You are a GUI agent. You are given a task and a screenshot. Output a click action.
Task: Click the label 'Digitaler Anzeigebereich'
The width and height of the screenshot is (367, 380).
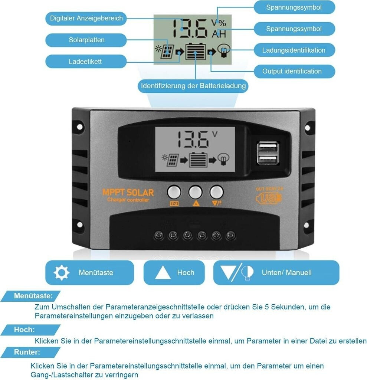86,18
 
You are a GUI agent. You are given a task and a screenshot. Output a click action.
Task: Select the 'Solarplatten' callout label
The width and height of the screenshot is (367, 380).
86,40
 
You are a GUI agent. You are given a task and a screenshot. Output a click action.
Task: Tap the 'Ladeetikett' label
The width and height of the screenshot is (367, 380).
85,62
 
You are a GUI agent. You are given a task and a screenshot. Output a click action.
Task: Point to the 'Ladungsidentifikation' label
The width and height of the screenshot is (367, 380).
294,50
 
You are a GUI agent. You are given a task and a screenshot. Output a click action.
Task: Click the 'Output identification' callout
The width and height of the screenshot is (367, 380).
292,71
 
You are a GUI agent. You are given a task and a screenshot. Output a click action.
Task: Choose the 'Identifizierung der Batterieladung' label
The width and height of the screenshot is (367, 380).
193,86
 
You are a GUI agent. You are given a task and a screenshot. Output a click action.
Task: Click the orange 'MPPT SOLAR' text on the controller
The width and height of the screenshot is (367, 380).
128,193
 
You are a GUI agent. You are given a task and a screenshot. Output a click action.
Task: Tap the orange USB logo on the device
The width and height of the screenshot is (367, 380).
269,198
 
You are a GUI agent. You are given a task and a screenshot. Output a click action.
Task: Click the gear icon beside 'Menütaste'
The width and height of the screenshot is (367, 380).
61,272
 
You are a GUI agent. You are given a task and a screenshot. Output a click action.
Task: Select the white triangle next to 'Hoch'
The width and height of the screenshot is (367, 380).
163,273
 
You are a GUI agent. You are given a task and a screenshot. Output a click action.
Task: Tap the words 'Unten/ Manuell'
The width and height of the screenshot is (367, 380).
286,273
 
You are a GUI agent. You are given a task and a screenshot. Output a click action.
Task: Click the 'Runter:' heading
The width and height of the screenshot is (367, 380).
27,352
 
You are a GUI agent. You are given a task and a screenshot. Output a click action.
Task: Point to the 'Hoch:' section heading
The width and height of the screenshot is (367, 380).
24,330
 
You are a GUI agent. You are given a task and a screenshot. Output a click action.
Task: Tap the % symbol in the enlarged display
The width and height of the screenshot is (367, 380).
222,23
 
